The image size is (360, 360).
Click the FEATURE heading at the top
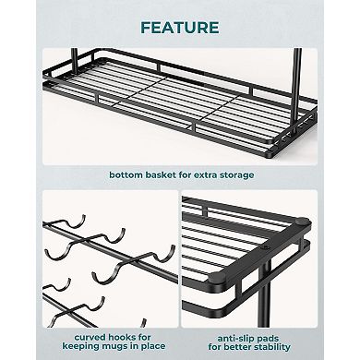(x=180, y=28)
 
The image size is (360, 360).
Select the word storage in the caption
(x=237, y=175)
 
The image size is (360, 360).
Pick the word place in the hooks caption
(x=152, y=346)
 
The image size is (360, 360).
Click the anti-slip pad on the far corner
(x=302, y=221)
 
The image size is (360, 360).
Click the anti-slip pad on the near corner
(x=217, y=278)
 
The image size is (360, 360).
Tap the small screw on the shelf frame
(x=264, y=247)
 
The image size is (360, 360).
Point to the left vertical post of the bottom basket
(x=74, y=58)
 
